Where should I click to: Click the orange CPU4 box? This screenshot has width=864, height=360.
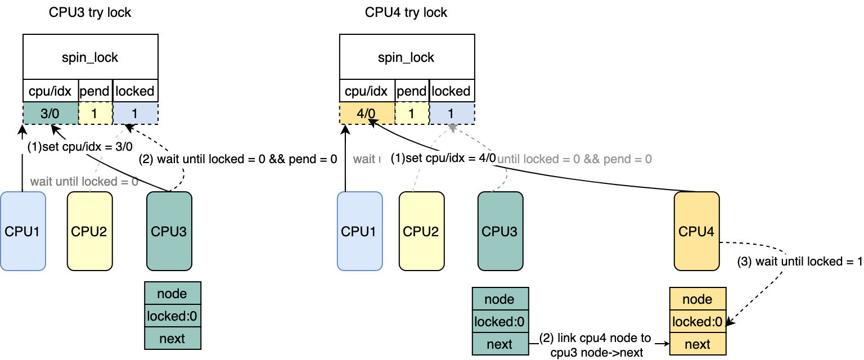(697, 231)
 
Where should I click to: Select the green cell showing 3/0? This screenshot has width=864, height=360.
(50, 113)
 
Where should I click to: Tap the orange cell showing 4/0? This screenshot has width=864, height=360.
(367, 113)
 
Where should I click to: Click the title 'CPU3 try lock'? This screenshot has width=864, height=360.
(90, 12)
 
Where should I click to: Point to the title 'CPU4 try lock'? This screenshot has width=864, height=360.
(406, 12)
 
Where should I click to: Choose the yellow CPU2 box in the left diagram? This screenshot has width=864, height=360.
(89, 231)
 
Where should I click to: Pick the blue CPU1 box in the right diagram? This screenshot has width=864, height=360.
(360, 231)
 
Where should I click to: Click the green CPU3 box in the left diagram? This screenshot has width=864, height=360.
(169, 231)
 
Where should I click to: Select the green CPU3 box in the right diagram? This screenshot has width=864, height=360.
(501, 231)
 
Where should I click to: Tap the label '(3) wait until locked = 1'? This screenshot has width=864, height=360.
(799, 262)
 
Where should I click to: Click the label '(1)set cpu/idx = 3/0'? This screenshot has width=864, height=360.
(80, 147)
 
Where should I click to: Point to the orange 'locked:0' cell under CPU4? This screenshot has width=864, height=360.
(697, 322)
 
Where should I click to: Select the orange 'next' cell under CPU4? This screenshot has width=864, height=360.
(697, 344)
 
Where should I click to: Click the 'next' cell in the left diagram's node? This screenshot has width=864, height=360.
(172, 339)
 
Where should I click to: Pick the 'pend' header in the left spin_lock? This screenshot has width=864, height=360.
(94, 91)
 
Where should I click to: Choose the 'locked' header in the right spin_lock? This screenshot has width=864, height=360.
(451, 91)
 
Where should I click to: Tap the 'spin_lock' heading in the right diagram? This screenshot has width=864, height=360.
(406, 57)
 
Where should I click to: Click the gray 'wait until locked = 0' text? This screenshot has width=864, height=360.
(84, 181)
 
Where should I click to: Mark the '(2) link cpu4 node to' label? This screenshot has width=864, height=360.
(595, 338)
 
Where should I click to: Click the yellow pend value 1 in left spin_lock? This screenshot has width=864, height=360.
(94, 113)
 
